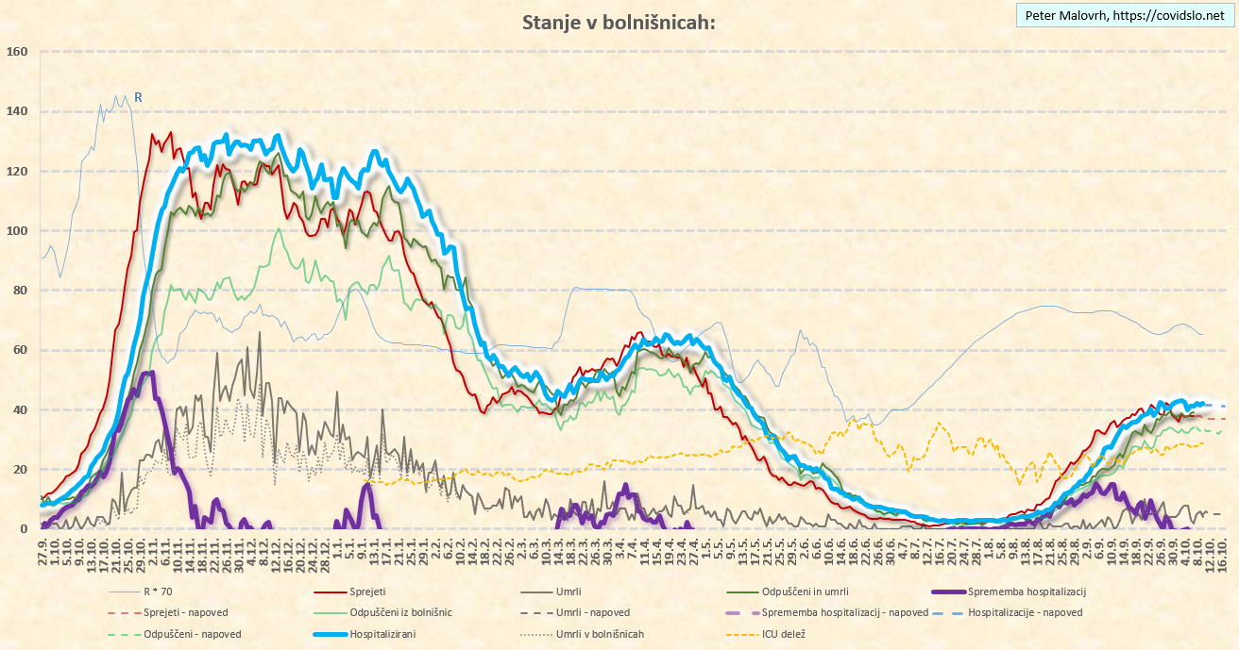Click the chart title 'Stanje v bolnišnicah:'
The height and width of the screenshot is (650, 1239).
619,23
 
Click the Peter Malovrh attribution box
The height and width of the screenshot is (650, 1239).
1124,15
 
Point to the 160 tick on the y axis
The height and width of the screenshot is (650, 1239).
16,52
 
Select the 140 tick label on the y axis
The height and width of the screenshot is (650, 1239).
16,111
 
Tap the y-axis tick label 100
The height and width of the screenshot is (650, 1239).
16,231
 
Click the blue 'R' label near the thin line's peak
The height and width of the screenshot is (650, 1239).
138,96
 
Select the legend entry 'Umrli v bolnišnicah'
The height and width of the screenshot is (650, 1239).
600,634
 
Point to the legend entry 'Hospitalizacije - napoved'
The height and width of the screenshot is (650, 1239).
1025,613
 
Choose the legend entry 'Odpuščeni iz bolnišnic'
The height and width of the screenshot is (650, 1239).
400,613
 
